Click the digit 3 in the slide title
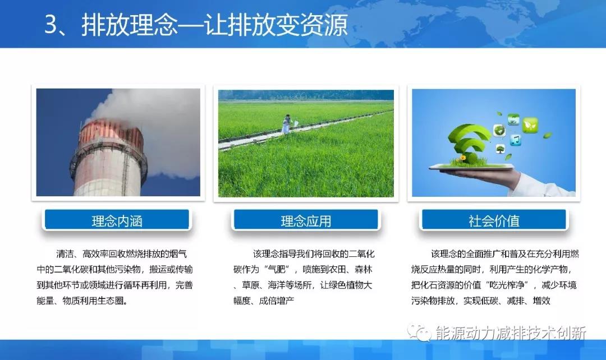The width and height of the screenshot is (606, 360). (x=52, y=26)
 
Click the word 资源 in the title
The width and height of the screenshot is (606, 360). (x=327, y=26)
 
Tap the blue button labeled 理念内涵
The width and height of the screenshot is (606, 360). (x=117, y=220)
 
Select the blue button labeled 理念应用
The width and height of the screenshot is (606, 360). (x=306, y=220)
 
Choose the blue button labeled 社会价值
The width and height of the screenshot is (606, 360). (x=494, y=220)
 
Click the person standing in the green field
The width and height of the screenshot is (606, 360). (x=286, y=124)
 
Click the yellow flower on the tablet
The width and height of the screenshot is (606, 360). (x=462, y=159)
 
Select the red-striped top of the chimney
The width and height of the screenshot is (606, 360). (x=107, y=132)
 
